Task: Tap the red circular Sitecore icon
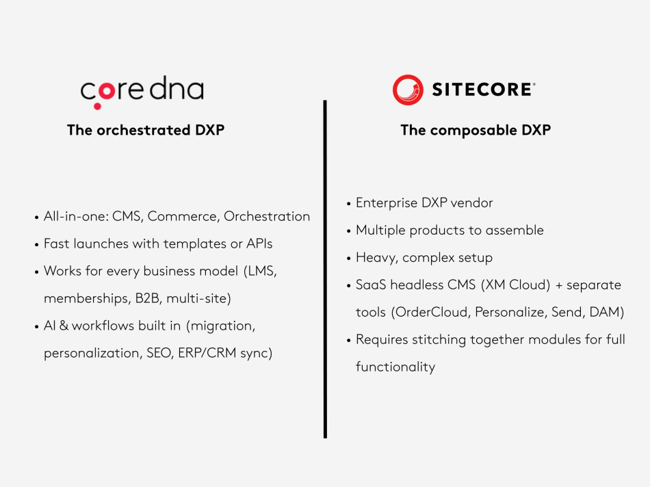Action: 408,90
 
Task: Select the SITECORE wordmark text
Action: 483,90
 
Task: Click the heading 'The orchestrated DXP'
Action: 146,130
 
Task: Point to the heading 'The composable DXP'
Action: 476,130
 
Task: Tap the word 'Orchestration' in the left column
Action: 267,216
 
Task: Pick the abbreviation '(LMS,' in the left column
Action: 260,271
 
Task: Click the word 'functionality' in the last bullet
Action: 395,367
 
